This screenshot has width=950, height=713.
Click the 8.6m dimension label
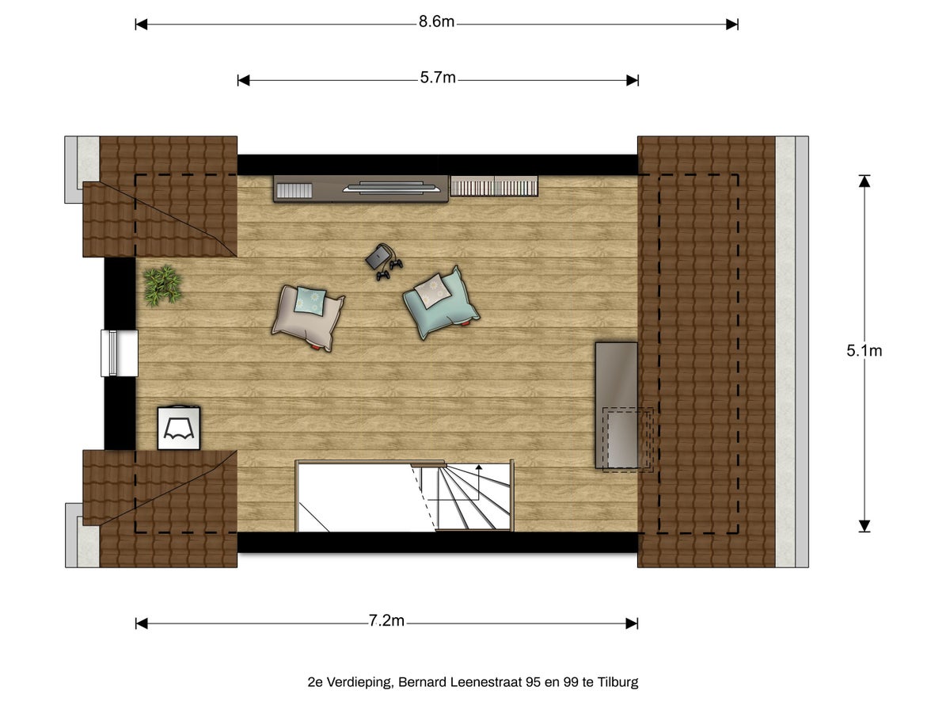(x=436, y=21)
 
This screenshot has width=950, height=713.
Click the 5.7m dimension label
(x=438, y=78)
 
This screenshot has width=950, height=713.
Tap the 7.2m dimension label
(x=386, y=621)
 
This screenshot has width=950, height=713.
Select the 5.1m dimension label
(x=864, y=351)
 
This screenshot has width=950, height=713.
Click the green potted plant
(x=162, y=286)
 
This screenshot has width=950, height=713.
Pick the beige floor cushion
(x=308, y=318)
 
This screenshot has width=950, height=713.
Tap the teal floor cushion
(x=441, y=302)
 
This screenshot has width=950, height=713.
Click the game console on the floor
(x=383, y=261)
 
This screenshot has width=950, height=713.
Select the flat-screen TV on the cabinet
(x=392, y=188)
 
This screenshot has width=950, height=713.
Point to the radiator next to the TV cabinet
(x=494, y=186)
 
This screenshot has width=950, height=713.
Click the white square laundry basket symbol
(x=179, y=428)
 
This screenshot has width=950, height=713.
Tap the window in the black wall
(x=120, y=353)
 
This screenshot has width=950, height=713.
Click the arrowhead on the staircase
(x=479, y=467)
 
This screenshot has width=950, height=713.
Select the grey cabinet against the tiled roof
(x=616, y=405)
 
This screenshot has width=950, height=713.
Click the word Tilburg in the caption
(x=617, y=682)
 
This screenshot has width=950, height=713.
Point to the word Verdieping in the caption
(x=359, y=683)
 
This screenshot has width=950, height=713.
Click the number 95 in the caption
(x=534, y=682)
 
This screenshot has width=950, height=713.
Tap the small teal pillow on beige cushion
(x=310, y=301)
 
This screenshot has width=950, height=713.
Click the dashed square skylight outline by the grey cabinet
(x=628, y=440)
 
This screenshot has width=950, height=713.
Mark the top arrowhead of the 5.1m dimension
(x=864, y=181)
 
